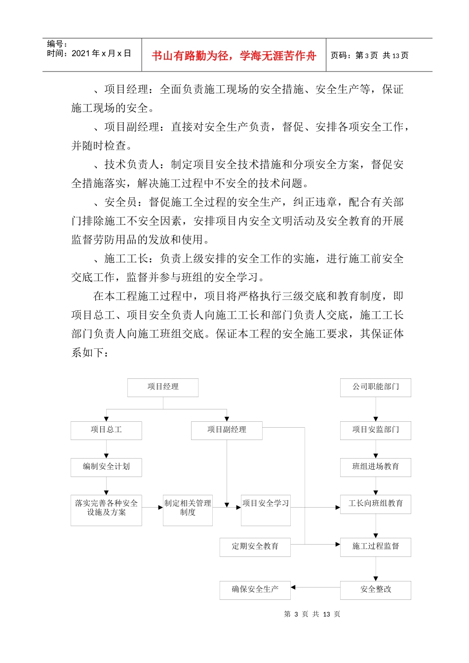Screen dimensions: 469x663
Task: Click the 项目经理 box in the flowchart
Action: click(x=163, y=387)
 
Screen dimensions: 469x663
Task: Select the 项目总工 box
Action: click(x=106, y=430)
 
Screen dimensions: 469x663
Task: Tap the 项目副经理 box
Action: click(x=227, y=430)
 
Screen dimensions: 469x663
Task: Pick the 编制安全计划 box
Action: click(x=106, y=467)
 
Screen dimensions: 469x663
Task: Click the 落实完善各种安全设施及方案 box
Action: click(x=106, y=510)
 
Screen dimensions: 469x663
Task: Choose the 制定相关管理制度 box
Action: click(x=188, y=510)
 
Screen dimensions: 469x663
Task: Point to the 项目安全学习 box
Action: click(x=266, y=510)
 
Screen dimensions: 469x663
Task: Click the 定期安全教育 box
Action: click(x=255, y=547)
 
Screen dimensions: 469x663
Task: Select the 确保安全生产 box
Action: click(x=255, y=590)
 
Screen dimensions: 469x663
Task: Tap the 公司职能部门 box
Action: click(x=375, y=387)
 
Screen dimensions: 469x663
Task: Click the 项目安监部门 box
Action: click(x=375, y=430)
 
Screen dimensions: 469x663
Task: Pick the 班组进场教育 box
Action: click(x=375, y=467)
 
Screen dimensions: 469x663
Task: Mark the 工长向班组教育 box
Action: click(x=375, y=504)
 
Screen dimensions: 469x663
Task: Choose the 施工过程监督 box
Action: click(x=375, y=547)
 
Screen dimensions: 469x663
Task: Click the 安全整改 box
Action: click(x=375, y=590)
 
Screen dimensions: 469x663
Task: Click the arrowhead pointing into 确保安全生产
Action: click(x=293, y=588)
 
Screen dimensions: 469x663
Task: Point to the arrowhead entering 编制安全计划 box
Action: click(x=106, y=456)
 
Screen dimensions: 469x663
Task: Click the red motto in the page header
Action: click(x=234, y=56)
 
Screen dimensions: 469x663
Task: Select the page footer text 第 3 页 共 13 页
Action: click(x=312, y=614)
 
